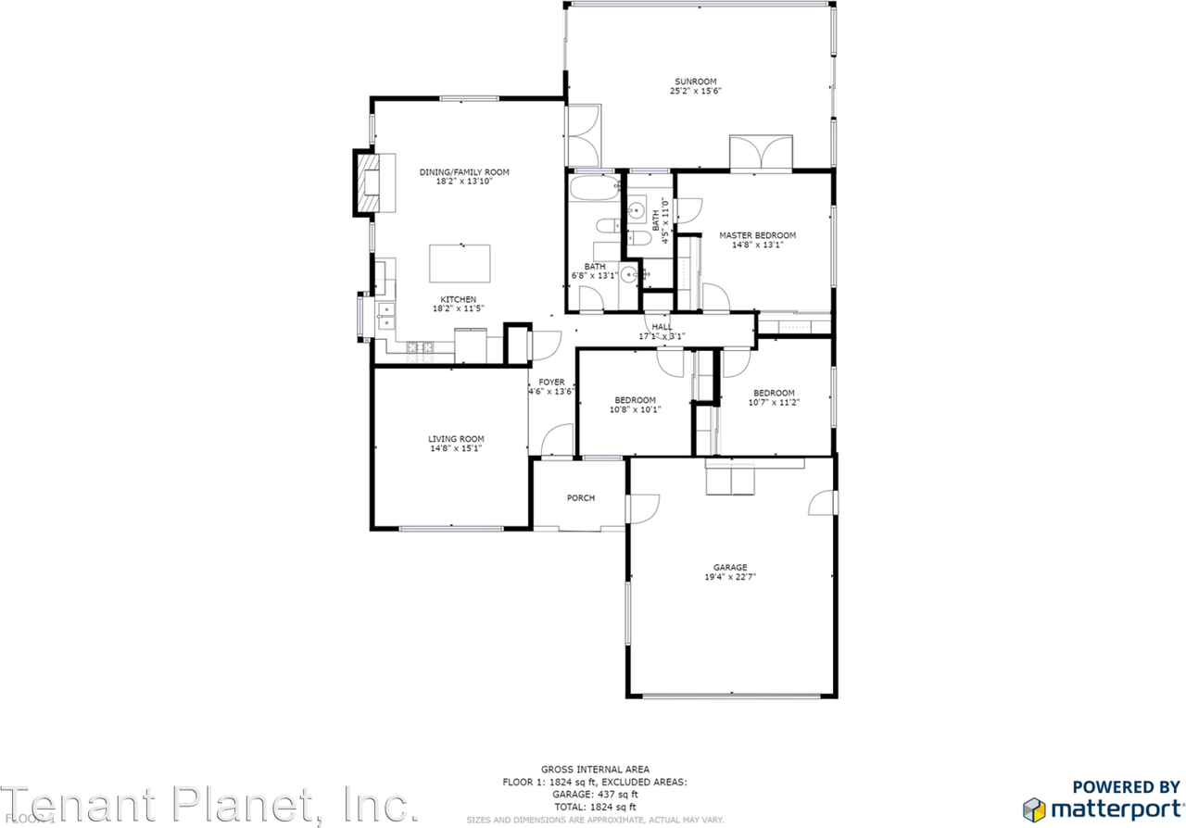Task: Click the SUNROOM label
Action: point(695,82)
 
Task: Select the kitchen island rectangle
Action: point(460,263)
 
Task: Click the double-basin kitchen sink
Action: point(385,317)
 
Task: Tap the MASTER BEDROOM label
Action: point(757,235)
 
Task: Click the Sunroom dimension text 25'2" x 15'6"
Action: point(695,92)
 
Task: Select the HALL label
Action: point(662,327)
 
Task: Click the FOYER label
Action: point(551,382)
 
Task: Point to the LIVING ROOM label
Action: point(455,439)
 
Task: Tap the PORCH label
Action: point(580,498)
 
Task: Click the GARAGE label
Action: point(729,568)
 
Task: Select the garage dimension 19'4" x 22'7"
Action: point(729,578)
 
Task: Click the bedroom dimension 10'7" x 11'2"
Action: point(773,402)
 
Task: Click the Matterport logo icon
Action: point(1035,808)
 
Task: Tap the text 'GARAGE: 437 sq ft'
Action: point(595,795)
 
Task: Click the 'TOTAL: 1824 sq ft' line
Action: point(595,808)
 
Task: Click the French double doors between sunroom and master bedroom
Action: point(761,154)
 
